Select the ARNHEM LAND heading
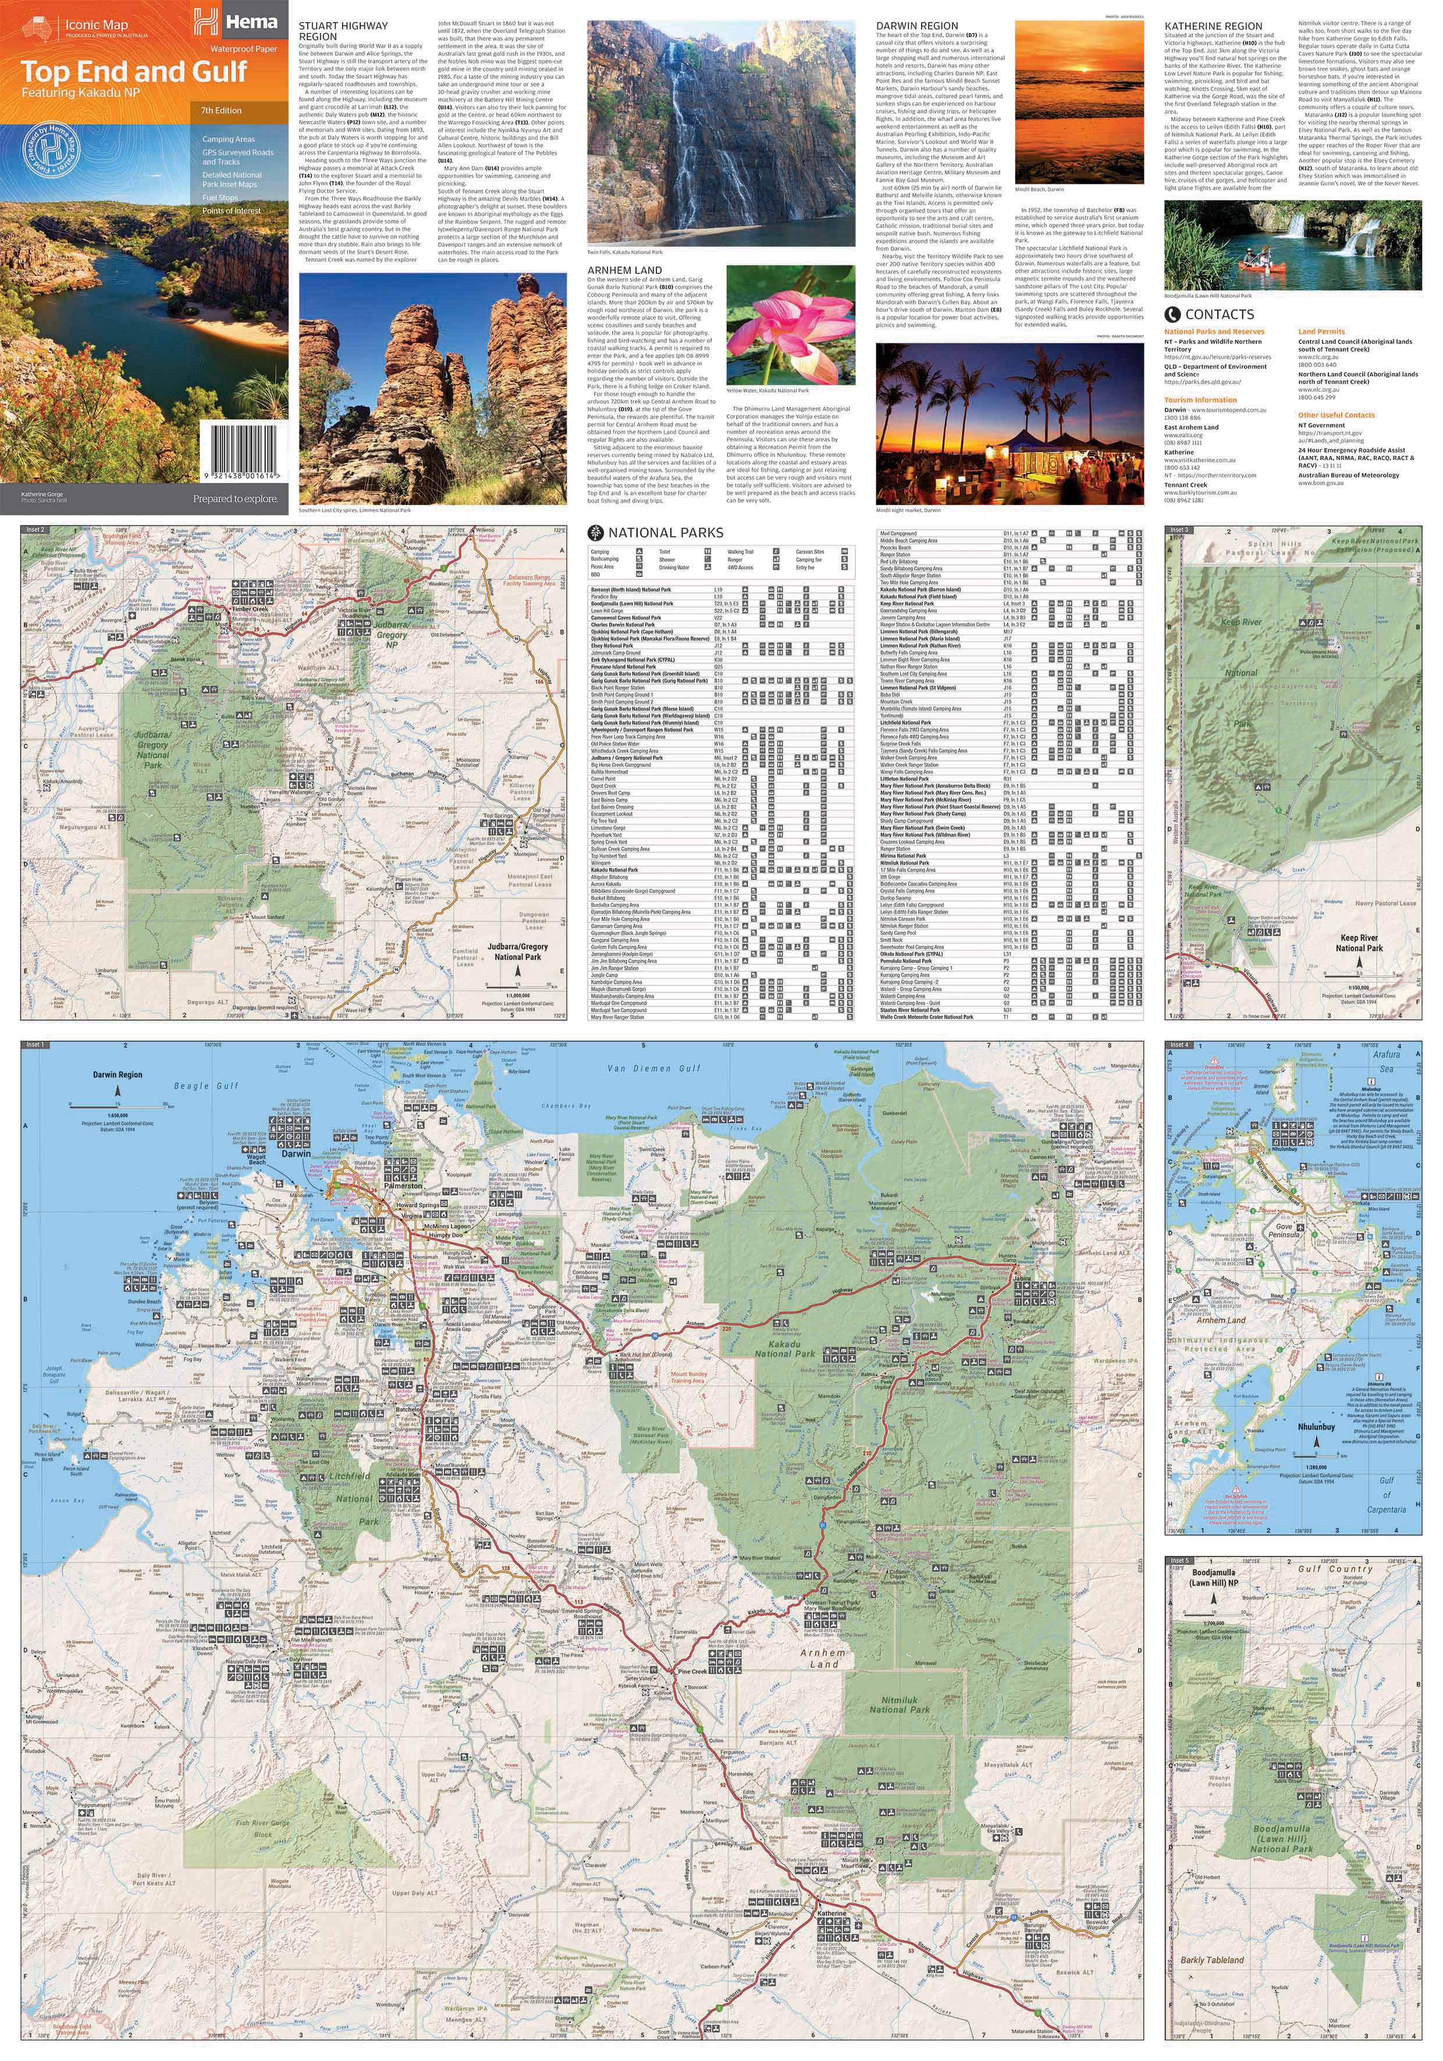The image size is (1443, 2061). (x=624, y=269)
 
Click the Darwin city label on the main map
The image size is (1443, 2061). (x=296, y=1154)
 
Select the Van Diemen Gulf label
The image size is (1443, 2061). (x=653, y=1068)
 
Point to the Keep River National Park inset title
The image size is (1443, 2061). (x=1359, y=942)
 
